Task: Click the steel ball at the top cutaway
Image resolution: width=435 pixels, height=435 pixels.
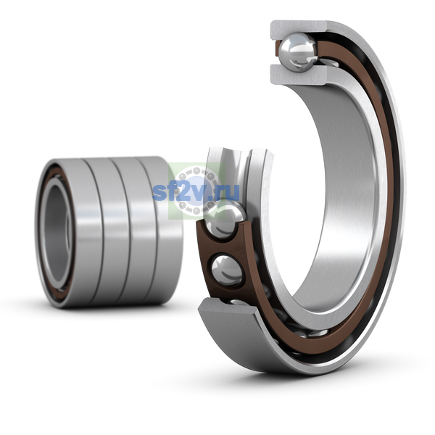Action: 298,52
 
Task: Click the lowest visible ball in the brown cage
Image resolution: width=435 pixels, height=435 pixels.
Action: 227,270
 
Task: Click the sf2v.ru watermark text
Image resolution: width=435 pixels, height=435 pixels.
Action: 196,191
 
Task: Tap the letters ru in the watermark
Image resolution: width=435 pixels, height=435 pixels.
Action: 229,193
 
